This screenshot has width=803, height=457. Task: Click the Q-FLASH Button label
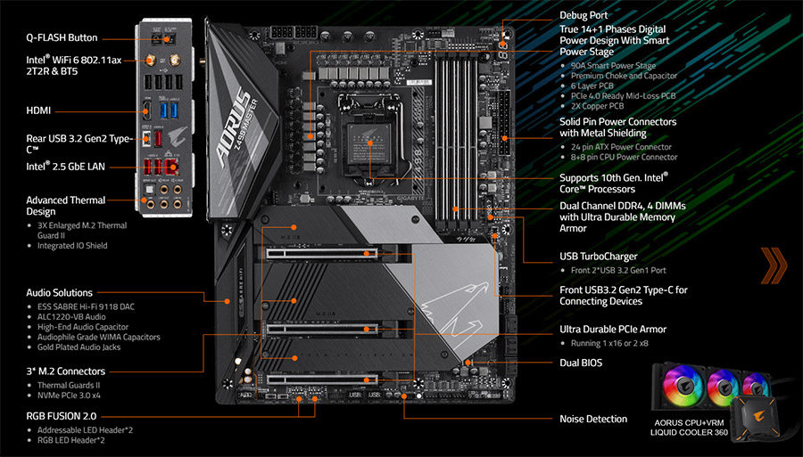coord(62,38)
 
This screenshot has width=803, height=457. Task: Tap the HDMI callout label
coord(38,110)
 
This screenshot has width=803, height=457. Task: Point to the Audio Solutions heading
coord(59,292)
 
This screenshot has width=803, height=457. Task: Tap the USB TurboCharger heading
coord(598,257)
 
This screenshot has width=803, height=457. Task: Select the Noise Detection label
coord(593,419)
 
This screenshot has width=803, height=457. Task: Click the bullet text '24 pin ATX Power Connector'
coord(621,147)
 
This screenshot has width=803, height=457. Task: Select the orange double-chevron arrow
coord(774,265)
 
